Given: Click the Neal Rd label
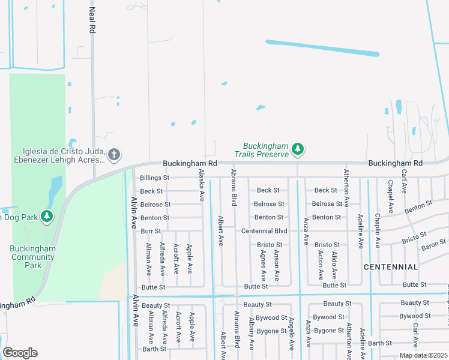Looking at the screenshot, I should [x=92, y=19].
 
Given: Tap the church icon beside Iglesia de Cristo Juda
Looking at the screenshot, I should [x=114, y=155].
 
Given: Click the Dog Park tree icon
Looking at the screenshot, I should [x=47, y=217].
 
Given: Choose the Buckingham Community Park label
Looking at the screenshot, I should [x=33, y=257].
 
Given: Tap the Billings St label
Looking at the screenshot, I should [x=154, y=178].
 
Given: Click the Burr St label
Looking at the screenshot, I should [x=151, y=231].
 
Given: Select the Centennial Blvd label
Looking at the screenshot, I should [x=264, y=231].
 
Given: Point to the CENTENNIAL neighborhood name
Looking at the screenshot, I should [x=391, y=266].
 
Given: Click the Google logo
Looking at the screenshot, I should [x=20, y=353].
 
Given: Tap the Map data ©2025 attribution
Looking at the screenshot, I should [x=423, y=355].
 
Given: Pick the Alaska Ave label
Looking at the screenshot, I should [x=202, y=185].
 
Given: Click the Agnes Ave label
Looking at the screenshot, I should [x=263, y=266].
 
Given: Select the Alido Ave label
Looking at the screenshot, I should [x=334, y=266].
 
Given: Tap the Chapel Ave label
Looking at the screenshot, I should [x=390, y=196].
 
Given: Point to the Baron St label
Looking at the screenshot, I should [x=433, y=244].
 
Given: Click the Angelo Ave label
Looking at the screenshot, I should [x=291, y=333].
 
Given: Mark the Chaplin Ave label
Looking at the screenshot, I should [x=378, y=231].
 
